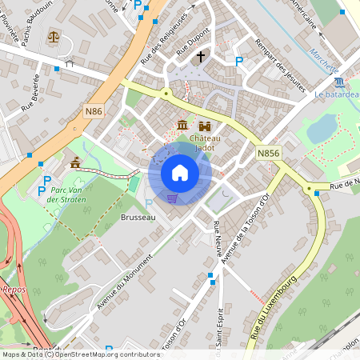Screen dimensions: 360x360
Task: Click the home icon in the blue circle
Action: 180,173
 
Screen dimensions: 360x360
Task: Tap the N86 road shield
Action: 93,111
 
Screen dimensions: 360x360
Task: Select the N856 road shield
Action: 268,152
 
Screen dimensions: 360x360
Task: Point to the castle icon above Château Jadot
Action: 205,126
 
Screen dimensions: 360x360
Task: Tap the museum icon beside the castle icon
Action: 182,126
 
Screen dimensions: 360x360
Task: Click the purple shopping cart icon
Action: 172,198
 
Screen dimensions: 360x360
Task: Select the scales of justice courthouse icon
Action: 54,36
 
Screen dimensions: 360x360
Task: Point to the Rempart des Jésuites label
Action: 279,65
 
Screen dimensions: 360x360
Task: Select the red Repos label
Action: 14,290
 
